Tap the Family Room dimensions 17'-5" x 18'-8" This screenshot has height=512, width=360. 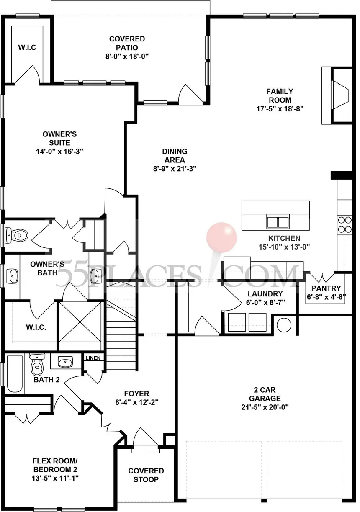[279, 108]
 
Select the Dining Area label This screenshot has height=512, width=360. [175, 155]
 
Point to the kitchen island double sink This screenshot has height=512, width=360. [278, 222]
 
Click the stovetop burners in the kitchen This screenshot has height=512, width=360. [345, 224]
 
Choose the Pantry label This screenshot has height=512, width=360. [326, 288]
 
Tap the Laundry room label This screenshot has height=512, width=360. [265, 294]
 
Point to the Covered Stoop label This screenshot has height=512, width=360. [146, 475]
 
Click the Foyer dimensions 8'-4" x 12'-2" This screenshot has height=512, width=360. [136, 402]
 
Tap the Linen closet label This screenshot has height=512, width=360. [92, 358]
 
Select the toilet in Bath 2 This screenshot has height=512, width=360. [37, 365]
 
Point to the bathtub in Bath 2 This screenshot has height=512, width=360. [15, 374]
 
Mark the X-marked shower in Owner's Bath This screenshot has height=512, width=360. [81, 322]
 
